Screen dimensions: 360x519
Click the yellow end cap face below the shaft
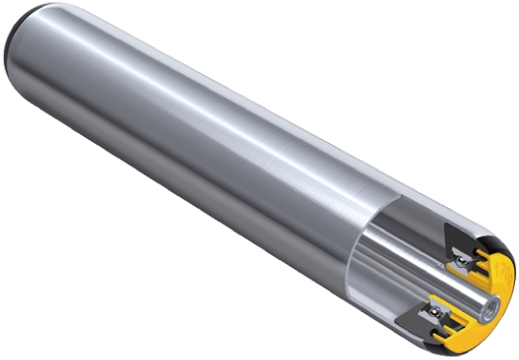click(475, 331)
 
